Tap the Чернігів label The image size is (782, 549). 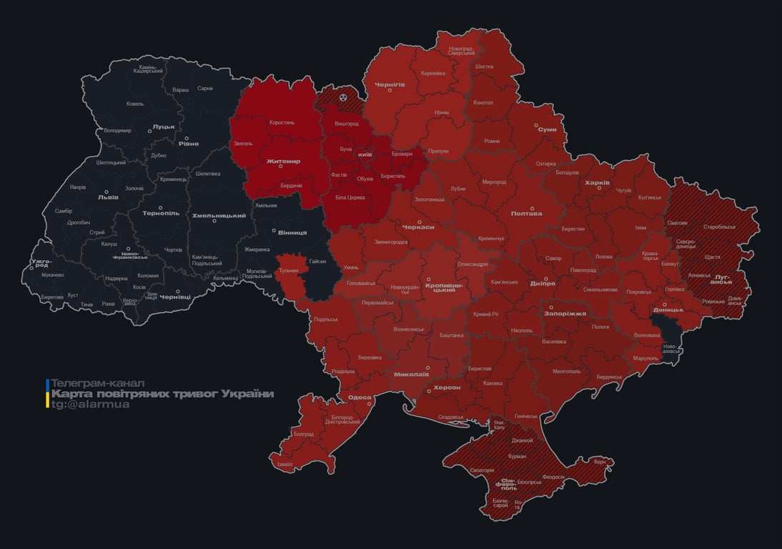(390, 84)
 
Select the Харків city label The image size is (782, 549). (598, 183)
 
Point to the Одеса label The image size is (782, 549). (359, 397)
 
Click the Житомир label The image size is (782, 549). (283, 162)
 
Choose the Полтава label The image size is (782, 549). (526, 213)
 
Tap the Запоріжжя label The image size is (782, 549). (565, 313)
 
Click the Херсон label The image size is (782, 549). (447, 387)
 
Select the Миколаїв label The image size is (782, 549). (411, 374)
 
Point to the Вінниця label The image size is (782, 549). (292, 232)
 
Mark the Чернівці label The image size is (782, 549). (175, 296)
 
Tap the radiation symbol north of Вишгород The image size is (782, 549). (344, 97)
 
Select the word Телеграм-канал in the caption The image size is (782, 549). (98, 383)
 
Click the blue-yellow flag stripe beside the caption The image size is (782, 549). (47, 393)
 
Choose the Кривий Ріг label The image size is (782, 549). (487, 314)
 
